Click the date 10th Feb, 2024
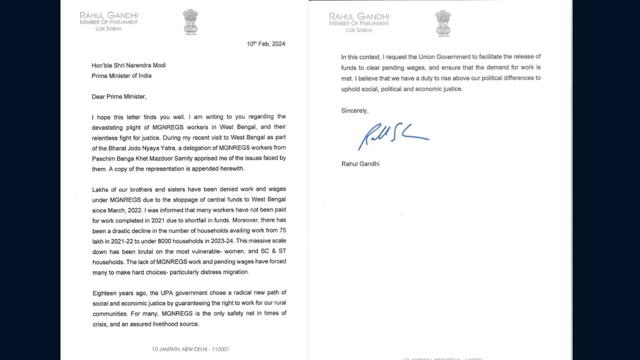click(266, 44)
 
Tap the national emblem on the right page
click(443, 23)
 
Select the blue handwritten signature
click(392, 135)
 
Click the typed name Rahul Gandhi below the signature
click(360, 164)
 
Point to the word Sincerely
click(354, 110)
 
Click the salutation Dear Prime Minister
click(119, 97)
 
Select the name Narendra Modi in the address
click(146, 65)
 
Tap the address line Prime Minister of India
click(121, 76)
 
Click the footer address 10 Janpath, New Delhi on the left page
click(190, 349)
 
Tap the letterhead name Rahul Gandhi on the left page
click(109, 15)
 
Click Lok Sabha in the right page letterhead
click(359, 30)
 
